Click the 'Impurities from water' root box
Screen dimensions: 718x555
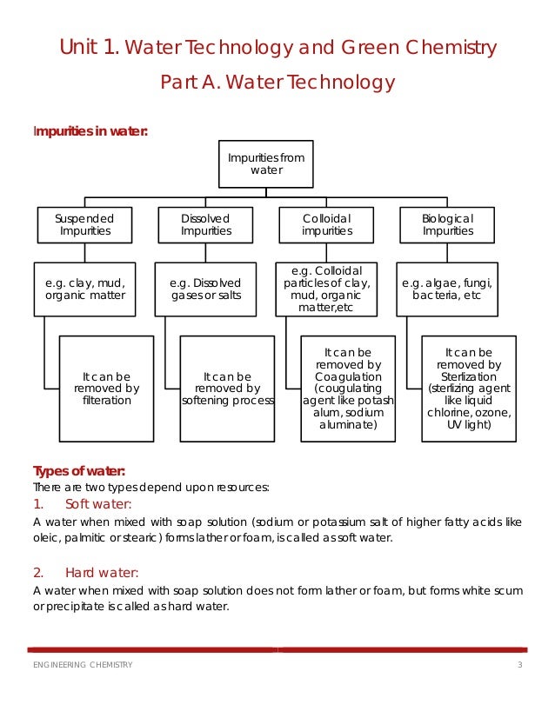266,163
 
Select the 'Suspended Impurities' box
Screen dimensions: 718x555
85,224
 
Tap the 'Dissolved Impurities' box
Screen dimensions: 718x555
206,224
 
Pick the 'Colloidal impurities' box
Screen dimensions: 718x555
326,224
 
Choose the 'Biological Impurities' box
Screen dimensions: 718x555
447,224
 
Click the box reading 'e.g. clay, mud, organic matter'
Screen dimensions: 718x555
85,289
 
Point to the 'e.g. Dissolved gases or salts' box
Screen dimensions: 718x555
206,289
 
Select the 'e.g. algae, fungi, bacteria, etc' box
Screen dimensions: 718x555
447,289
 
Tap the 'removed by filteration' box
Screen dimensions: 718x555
106,388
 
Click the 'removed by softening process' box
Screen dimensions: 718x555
227,388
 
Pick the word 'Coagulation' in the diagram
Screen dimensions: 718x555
348,377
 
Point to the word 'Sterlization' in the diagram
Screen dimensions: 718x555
470,377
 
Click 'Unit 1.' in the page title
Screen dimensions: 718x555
89,47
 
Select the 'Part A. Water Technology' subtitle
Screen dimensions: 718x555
277,83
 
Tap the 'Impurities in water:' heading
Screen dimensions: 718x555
90,131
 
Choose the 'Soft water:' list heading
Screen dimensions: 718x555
98,504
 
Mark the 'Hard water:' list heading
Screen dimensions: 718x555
101,572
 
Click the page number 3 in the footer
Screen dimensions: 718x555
519,665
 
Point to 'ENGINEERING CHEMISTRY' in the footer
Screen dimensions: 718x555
84,665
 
